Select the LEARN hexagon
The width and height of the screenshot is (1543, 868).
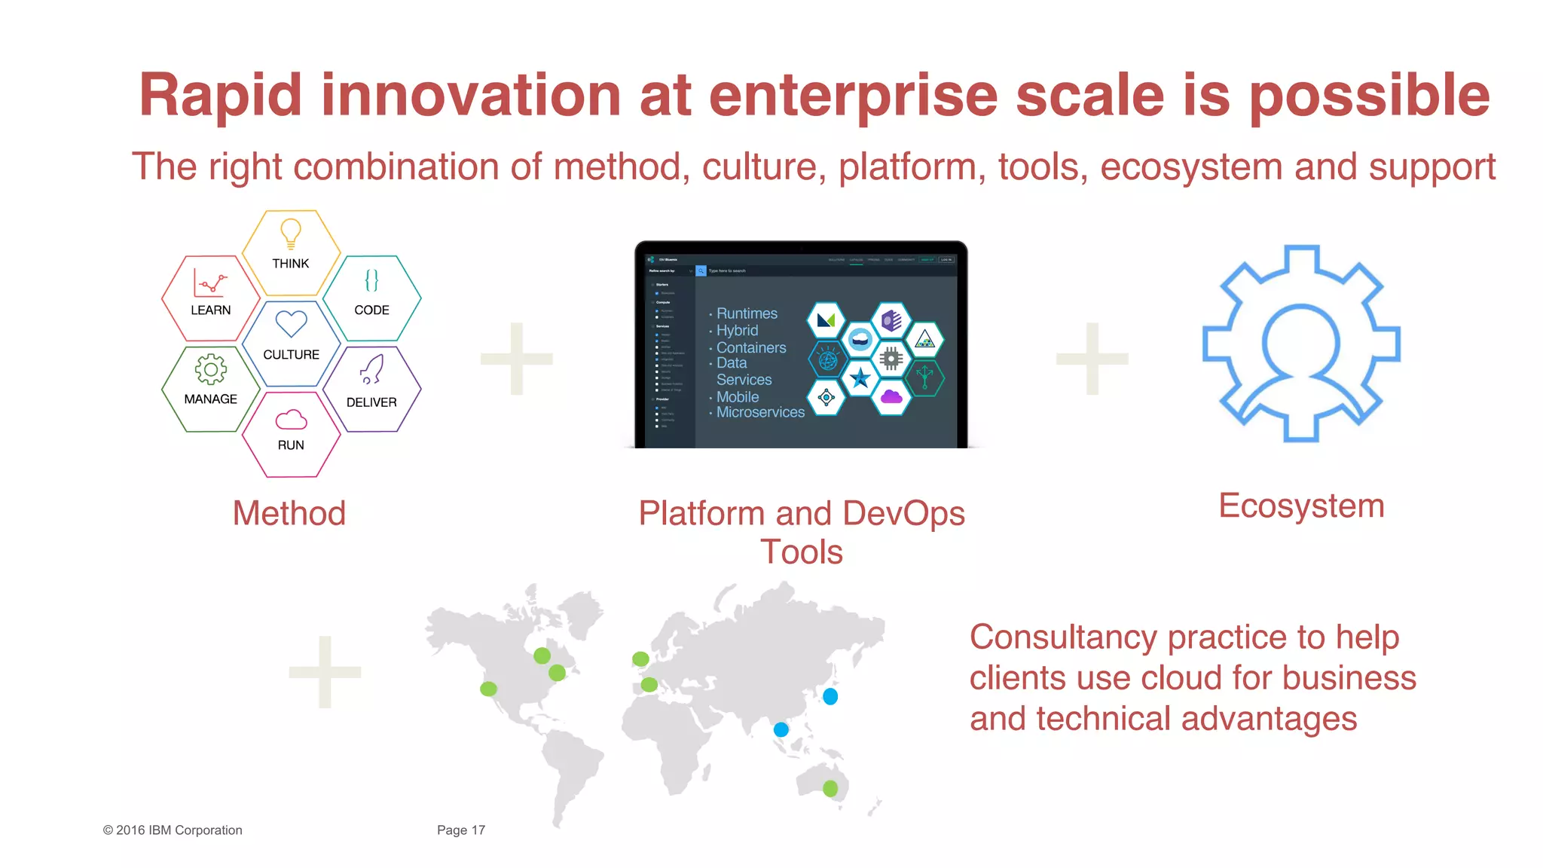coord(211,298)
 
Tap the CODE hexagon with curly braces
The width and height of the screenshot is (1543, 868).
coord(371,298)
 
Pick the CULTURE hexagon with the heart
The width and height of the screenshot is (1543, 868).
coord(291,344)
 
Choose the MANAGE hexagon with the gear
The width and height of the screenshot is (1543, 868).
coord(211,389)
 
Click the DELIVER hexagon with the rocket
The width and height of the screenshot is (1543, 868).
coord(371,389)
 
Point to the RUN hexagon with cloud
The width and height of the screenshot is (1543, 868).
coord(291,434)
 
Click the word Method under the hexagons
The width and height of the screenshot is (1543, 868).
coord(289,514)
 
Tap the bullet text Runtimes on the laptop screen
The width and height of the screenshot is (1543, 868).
coord(746,313)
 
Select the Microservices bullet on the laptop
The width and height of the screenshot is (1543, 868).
coord(759,412)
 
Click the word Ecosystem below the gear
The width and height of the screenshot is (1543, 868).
coord(1301,506)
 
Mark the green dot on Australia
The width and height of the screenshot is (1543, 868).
coord(830,788)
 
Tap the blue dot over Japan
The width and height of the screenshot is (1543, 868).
coord(830,696)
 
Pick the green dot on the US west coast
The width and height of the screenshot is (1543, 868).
coord(488,689)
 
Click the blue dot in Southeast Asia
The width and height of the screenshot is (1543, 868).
coord(781,729)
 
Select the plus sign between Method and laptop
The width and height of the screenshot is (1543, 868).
coord(517,359)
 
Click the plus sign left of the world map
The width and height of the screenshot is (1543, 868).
coord(325,672)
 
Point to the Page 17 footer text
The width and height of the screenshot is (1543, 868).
coord(461,830)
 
